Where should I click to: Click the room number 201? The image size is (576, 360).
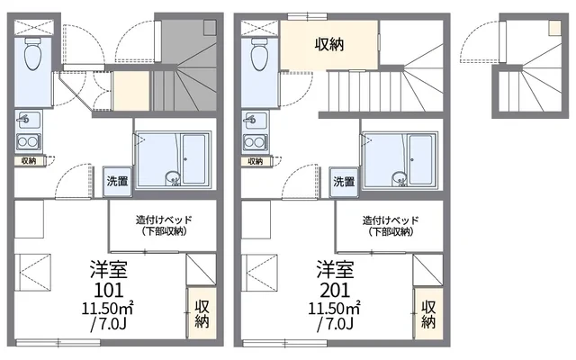[x=334, y=290]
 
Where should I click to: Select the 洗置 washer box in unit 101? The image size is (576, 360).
[x=117, y=181]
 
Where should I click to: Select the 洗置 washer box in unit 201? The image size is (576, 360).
[x=344, y=181]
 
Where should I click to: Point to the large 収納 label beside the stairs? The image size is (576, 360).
[x=328, y=43]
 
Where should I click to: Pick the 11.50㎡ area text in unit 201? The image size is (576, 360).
[x=334, y=309]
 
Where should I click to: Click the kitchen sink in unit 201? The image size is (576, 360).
[x=254, y=119]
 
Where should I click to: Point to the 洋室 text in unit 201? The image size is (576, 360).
[x=334, y=270]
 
